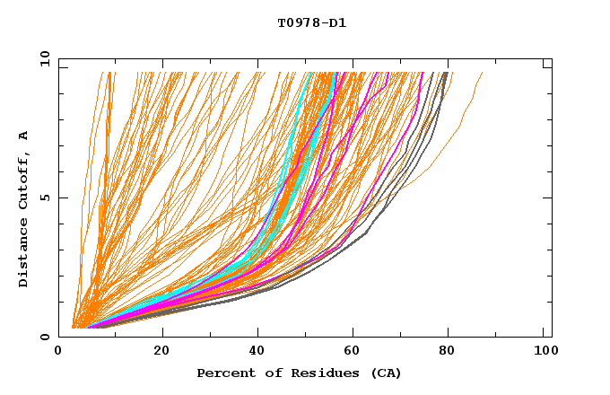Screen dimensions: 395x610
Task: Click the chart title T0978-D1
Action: tap(311, 23)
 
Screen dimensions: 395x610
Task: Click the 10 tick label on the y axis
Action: tap(42, 59)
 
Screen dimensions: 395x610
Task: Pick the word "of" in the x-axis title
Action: tap(267, 373)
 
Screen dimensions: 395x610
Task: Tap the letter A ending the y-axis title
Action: tap(23, 136)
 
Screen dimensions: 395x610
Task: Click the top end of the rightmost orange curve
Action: tap(482, 74)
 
